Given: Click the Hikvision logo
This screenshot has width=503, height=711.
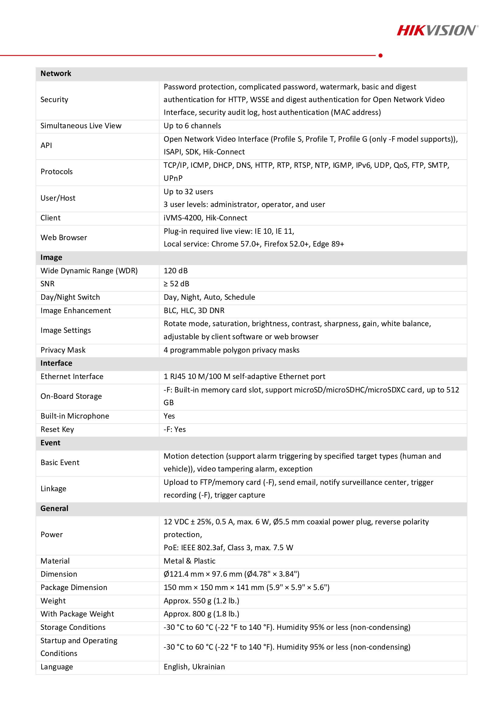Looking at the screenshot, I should [437, 30].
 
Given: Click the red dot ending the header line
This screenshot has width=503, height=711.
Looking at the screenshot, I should [381, 55].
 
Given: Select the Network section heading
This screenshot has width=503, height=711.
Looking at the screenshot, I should [56, 73].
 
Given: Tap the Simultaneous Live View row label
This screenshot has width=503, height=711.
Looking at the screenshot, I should [81, 126].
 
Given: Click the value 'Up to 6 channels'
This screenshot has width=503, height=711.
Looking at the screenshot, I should [192, 126].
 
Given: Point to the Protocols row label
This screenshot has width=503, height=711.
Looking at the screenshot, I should [56, 171].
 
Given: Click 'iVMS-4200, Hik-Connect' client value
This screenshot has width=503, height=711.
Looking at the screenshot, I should [205, 218].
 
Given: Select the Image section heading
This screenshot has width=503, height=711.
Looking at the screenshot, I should [51, 257].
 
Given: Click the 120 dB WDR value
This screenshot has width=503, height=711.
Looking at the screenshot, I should [175, 271].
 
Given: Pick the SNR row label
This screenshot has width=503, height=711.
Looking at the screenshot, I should [47, 284].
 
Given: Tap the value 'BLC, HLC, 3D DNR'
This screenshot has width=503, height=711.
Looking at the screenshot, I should [194, 310].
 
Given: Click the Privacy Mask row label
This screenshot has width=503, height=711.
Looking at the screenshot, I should [63, 350].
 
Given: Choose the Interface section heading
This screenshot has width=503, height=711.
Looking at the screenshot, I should [56, 363].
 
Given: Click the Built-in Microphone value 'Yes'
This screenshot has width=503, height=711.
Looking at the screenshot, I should [169, 416].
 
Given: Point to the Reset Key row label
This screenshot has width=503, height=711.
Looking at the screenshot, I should [57, 429].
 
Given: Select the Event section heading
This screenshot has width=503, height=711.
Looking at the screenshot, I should [50, 443].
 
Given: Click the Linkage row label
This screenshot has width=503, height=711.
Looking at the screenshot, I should [53, 488].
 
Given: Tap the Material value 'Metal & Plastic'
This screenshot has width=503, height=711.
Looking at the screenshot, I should [189, 561].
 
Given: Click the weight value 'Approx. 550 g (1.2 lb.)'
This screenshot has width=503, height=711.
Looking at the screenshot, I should [201, 601].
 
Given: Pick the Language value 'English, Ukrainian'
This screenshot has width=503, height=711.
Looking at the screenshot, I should [194, 667].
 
